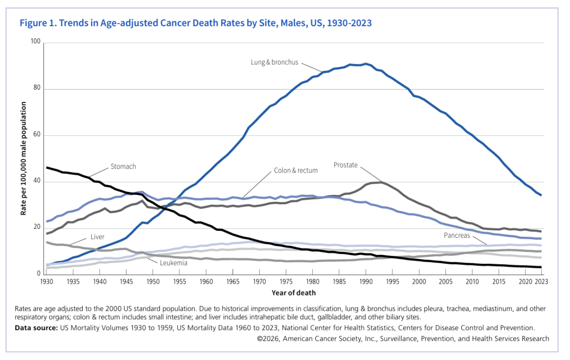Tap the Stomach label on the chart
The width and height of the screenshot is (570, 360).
pos(123,166)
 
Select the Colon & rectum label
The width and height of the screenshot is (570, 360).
pos(296,170)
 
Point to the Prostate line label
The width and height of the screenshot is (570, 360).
pos(346,165)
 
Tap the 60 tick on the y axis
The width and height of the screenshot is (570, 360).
pos(38,135)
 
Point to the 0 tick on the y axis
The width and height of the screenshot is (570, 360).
pos(40,274)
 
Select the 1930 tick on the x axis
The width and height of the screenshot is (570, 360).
pos(46,282)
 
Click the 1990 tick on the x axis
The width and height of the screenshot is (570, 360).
pos(366,282)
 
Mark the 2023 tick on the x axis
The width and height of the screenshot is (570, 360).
pos(541,282)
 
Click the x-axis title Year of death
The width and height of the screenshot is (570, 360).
pos(293,293)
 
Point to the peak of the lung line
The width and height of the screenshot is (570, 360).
pos(366,64)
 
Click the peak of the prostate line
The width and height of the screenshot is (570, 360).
pos(381,182)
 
